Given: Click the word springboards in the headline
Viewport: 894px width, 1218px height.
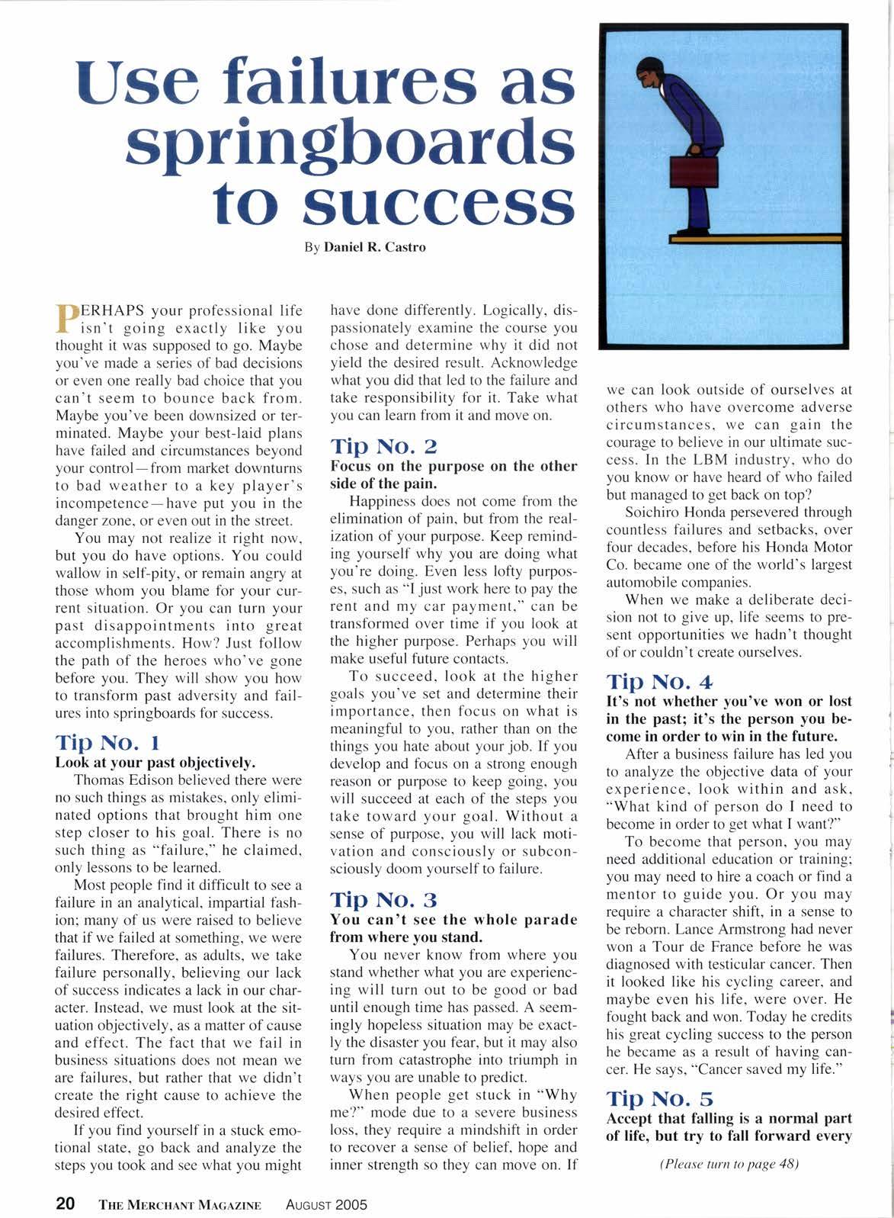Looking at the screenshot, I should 348,143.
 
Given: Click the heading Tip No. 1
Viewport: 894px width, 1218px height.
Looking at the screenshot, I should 107,742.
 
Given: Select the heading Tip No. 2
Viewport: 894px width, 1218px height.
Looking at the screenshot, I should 383,445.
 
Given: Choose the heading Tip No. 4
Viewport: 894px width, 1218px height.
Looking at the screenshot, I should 659,681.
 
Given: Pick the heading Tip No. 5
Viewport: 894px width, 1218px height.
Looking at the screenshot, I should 659,1098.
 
